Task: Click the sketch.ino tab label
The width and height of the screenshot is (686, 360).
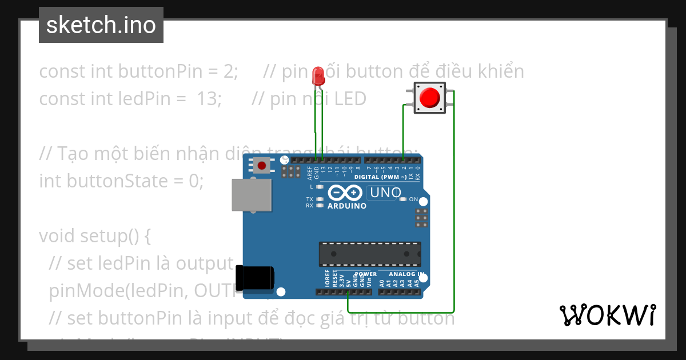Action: pyautogui.click(x=101, y=25)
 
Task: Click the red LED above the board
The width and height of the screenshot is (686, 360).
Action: pyautogui.click(x=319, y=76)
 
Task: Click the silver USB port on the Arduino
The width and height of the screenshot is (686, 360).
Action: pyautogui.click(x=252, y=195)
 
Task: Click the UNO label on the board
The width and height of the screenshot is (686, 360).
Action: pyautogui.click(x=386, y=193)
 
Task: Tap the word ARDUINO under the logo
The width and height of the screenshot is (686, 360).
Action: pyautogui.click(x=347, y=206)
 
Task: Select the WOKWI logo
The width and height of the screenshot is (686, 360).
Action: pyautogui.click(x=607, y=315)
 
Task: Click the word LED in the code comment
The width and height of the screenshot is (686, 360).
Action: pyautogui.click(x=350, y=99)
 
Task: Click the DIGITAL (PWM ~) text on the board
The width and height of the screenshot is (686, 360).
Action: pyautogui.click(x=380, y=177)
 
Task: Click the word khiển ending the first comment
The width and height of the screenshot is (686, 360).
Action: pyautogui.click(x=498, y=71)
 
